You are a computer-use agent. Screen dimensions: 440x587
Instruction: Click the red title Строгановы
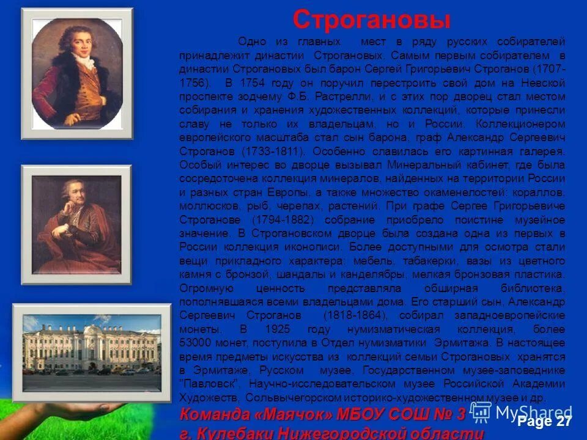tap(371, 20)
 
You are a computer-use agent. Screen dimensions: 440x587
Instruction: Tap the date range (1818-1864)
tap(349, 315)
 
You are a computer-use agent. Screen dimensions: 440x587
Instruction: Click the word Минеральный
tap(424, 164)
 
